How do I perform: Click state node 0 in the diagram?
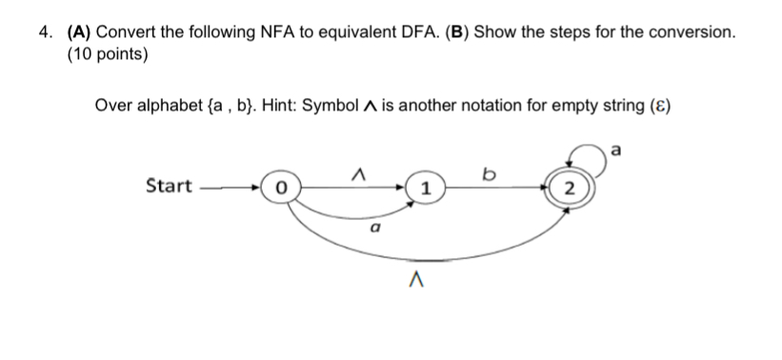280,188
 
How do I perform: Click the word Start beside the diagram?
169,186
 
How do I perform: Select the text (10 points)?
108,54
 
